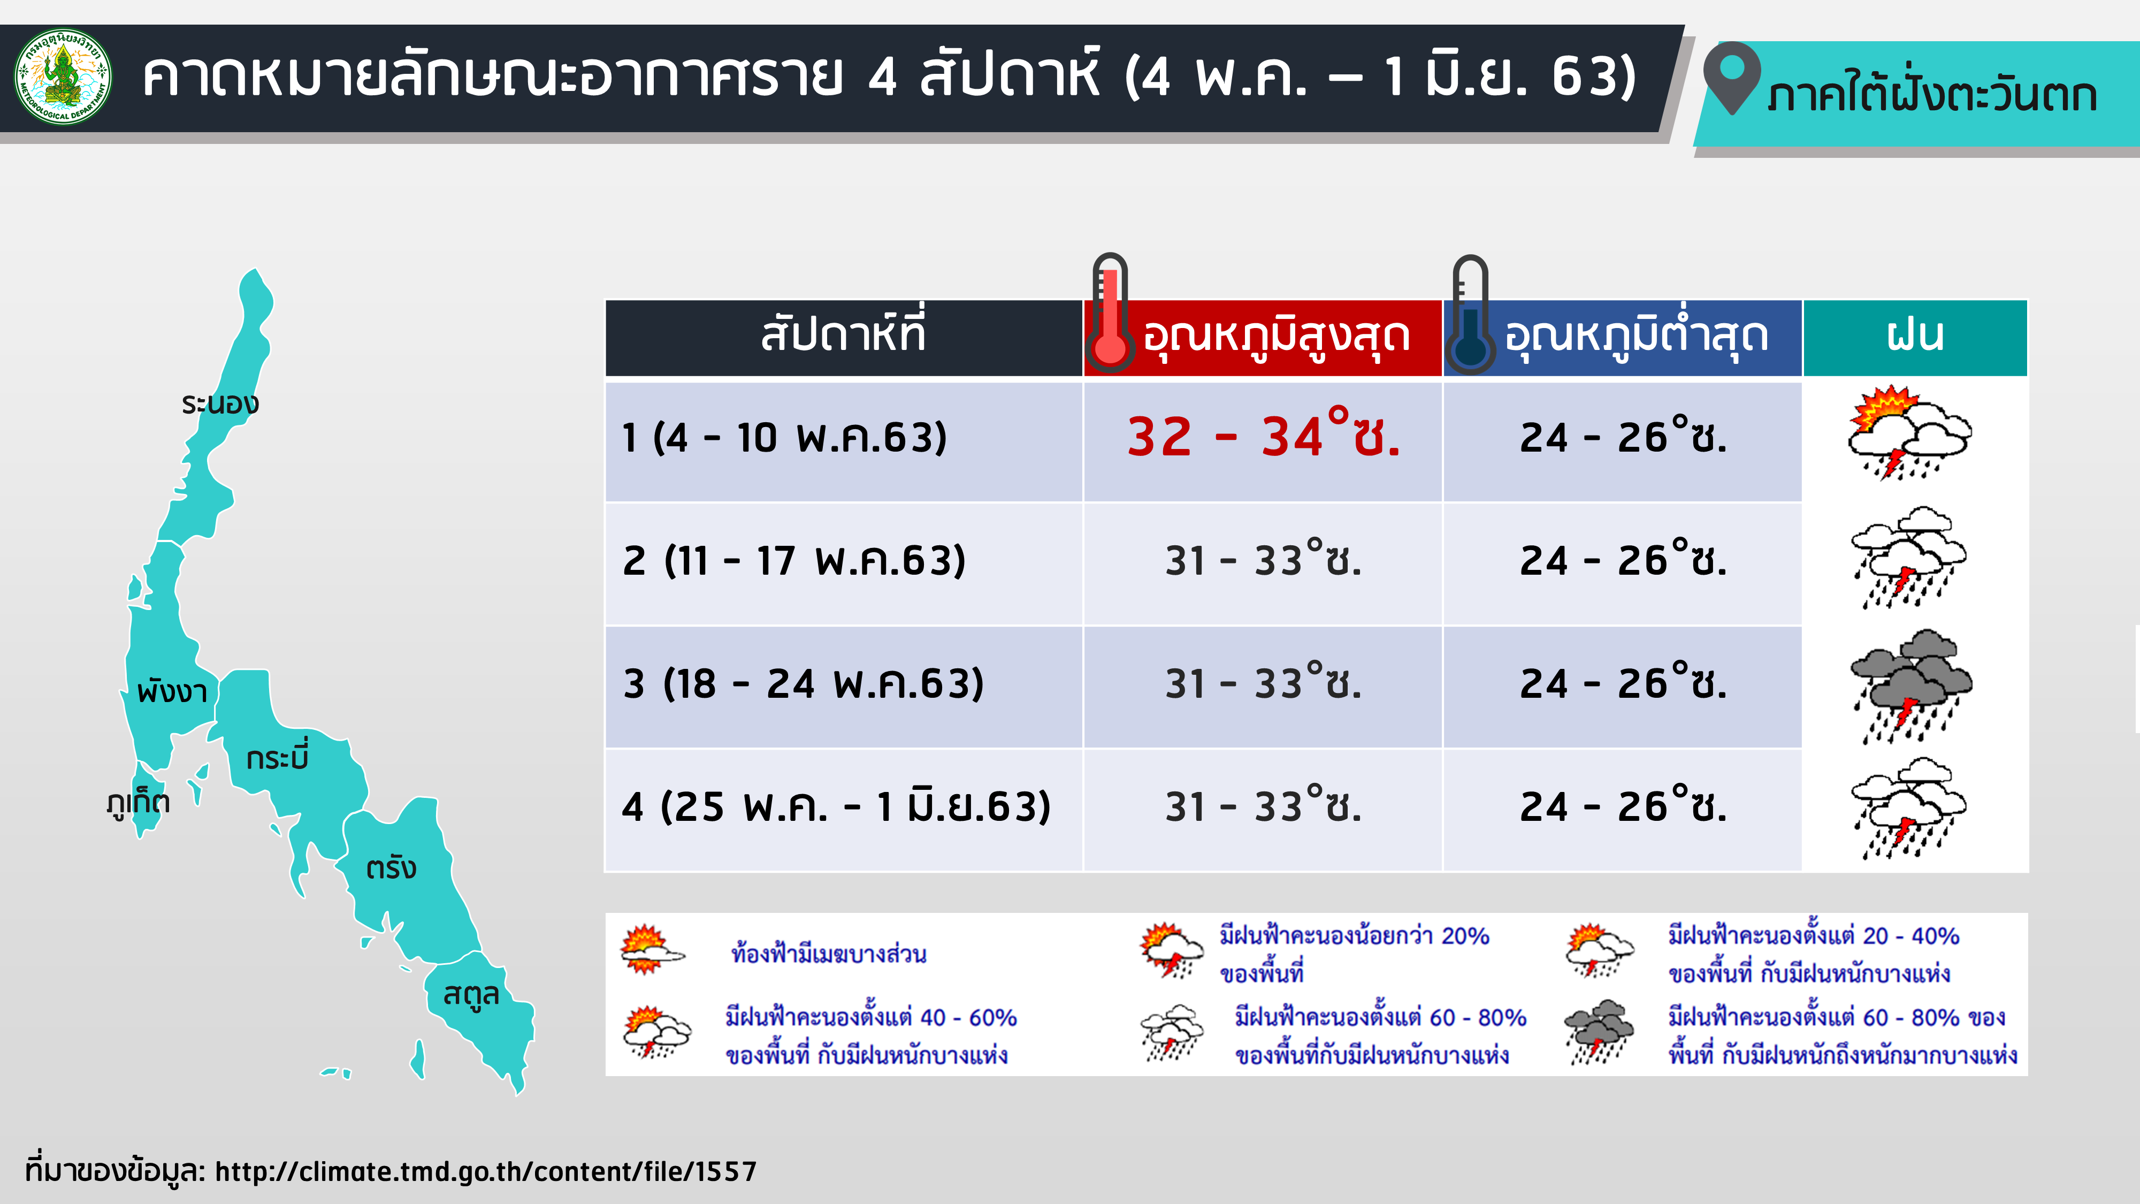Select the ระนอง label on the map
pyautogui.click(x=220, y=404)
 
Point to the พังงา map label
pyautogui.click(x=172, y=691)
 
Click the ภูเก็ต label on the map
pyautogui.click(x=139, y=803)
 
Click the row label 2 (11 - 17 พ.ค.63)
pyautogui.click(x=794, y=560)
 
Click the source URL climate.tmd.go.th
pyautogui.click(x=486, y=1171)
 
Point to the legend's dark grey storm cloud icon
pyautogui.click(x=1599, y=1032)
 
